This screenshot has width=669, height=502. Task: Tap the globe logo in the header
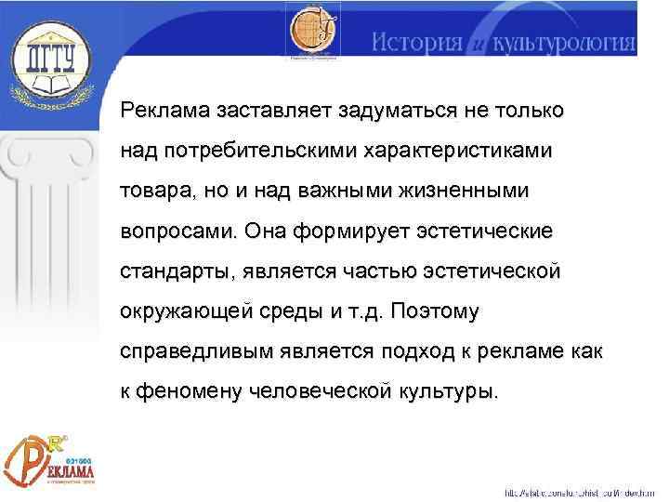311,33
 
